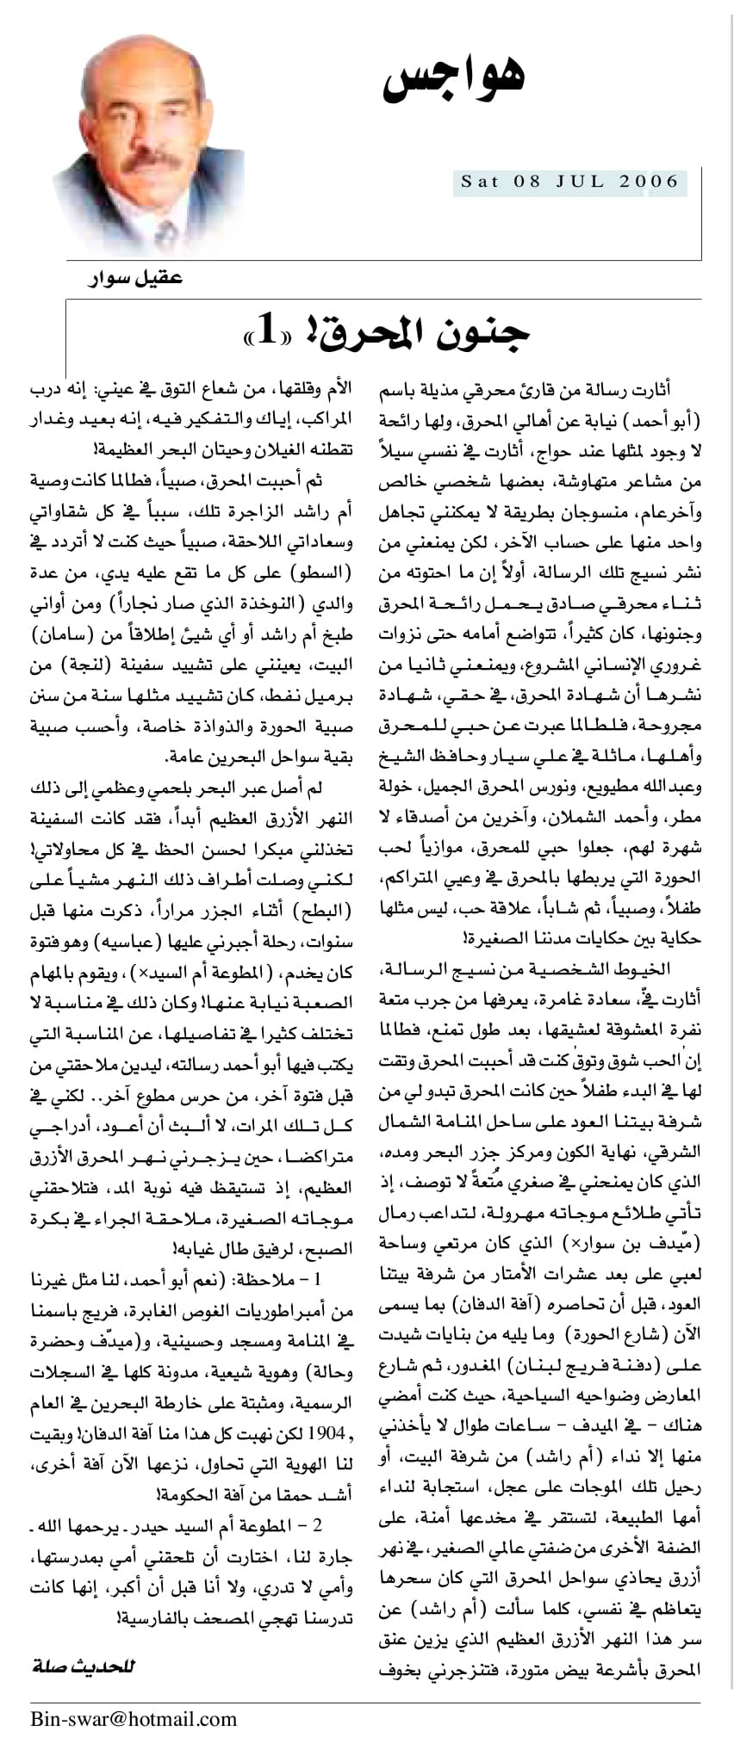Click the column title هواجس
pos(454,75)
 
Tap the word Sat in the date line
pos(480,182)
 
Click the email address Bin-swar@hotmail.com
pos(134,1718)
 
